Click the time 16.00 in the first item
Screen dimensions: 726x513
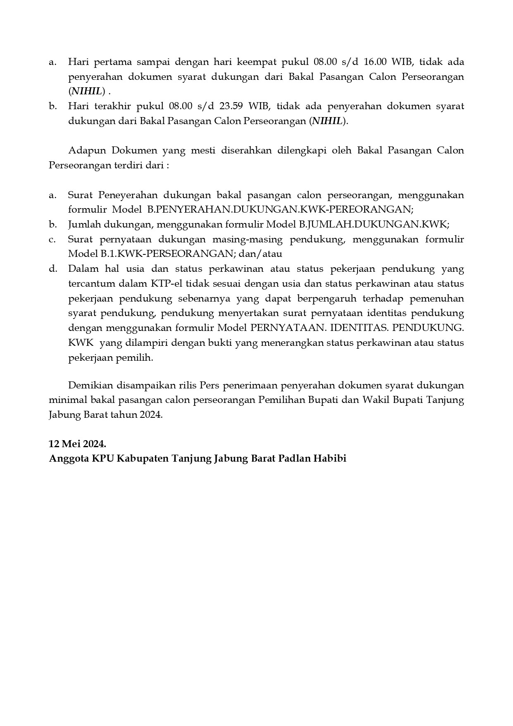click(375, 62)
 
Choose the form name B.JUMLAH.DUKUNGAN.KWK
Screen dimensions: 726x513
click(373, 225)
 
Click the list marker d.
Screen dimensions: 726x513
click(53, 269)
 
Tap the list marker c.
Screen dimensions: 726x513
click(52, 240)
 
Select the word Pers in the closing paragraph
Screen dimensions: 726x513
click(209, 386)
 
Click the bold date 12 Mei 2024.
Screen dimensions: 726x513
click(77, 444)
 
